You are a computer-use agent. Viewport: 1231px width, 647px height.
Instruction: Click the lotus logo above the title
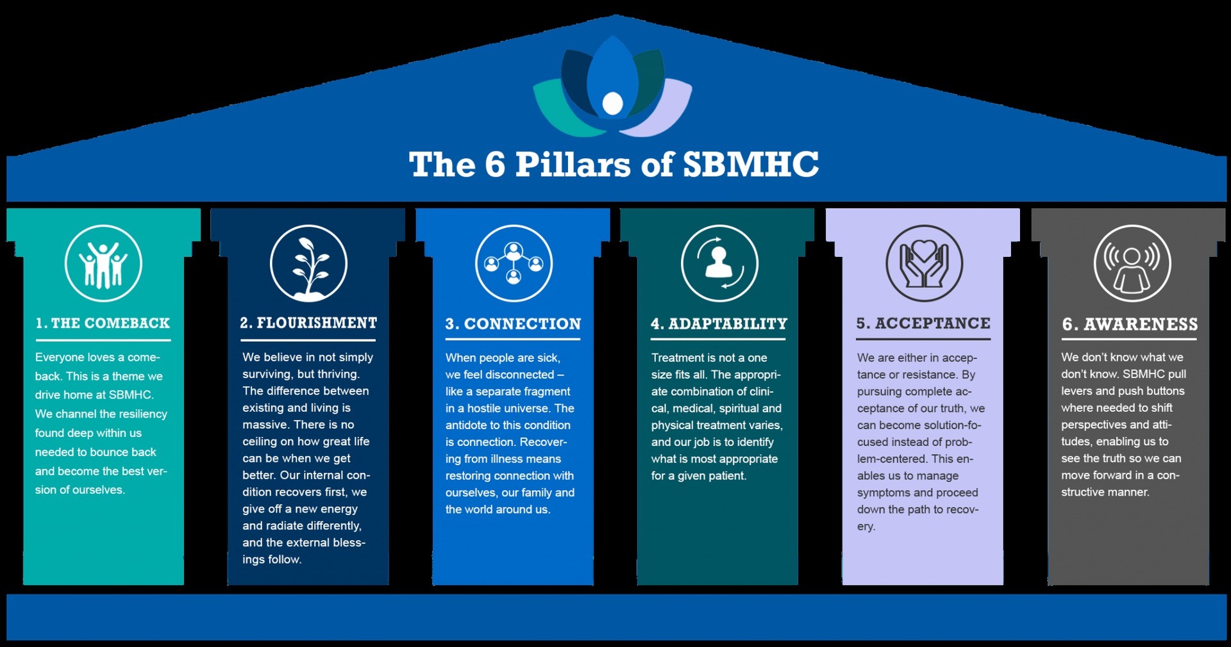(x=613, y=86)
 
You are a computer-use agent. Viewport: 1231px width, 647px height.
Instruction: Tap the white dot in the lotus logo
(x=613, y=103)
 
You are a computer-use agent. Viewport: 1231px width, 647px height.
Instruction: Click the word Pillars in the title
(x=573, y=165)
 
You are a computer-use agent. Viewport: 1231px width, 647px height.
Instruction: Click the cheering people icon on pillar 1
(x=103, y=263)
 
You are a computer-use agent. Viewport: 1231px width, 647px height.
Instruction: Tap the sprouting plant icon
(x=308, y=263)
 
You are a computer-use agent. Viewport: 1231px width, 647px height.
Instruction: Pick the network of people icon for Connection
(x=514, y=263)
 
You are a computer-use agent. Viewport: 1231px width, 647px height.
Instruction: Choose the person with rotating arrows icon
(x=719, y=263)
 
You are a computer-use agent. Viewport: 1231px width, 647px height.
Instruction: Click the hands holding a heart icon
(x=924, y=263)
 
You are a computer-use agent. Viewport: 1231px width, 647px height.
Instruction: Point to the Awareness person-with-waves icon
(x=1132, y=263)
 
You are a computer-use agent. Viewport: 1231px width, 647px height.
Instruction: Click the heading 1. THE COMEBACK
(x=103, y=323)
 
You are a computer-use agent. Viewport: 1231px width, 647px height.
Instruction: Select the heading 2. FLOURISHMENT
(x=308, y=323)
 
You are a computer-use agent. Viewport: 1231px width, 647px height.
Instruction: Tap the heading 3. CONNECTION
(x=514, y=324)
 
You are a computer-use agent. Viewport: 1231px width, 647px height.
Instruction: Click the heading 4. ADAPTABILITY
(x=719, y=324)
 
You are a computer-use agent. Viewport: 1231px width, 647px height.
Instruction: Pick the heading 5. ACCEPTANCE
(x=924, y=323)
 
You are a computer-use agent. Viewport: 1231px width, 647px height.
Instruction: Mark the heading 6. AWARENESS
(x=1130, y=325)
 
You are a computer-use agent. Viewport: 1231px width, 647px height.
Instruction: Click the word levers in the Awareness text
(x=1076, y=391)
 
